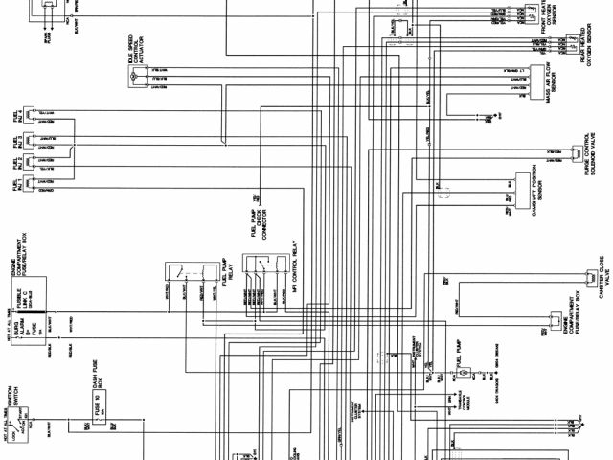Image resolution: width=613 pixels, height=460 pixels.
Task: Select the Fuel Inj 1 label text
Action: [x=16, y=181]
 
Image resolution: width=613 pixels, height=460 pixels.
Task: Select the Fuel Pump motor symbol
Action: [x=458, y=370]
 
